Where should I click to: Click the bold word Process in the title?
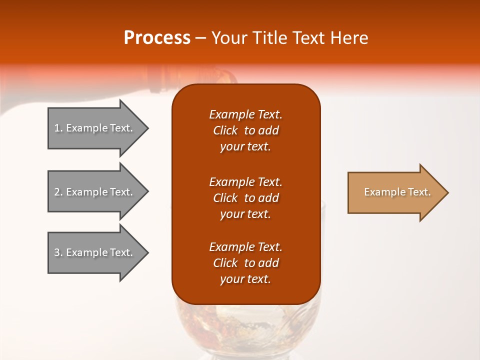pyautogui.click(x=157, y=38)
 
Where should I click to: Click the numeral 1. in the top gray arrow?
pyautogui.click(x=58, y=128)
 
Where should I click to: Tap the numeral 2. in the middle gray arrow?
pyautogui.click(x=58, y=192)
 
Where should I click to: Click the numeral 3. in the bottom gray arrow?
pyautogui.click(x=58, y=252)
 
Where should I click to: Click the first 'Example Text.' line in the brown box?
pyautogui.click(x=245, y=114)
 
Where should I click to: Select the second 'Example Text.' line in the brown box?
pyautogui.click(x=245, y=181)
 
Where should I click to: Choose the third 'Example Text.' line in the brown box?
pyautogui.click(x=245, y=247)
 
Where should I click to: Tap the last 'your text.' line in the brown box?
pyautogui.click(x=245, y=279)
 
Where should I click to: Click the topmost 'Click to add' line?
pyautogui.click(x=245, y=130)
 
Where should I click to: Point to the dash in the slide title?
pyautogui.click(x=200, y=38)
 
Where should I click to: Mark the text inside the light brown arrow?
pyautogui.click(x=397, y=192)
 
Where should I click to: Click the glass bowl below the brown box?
pyautogui.click(x=245, y=327)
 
